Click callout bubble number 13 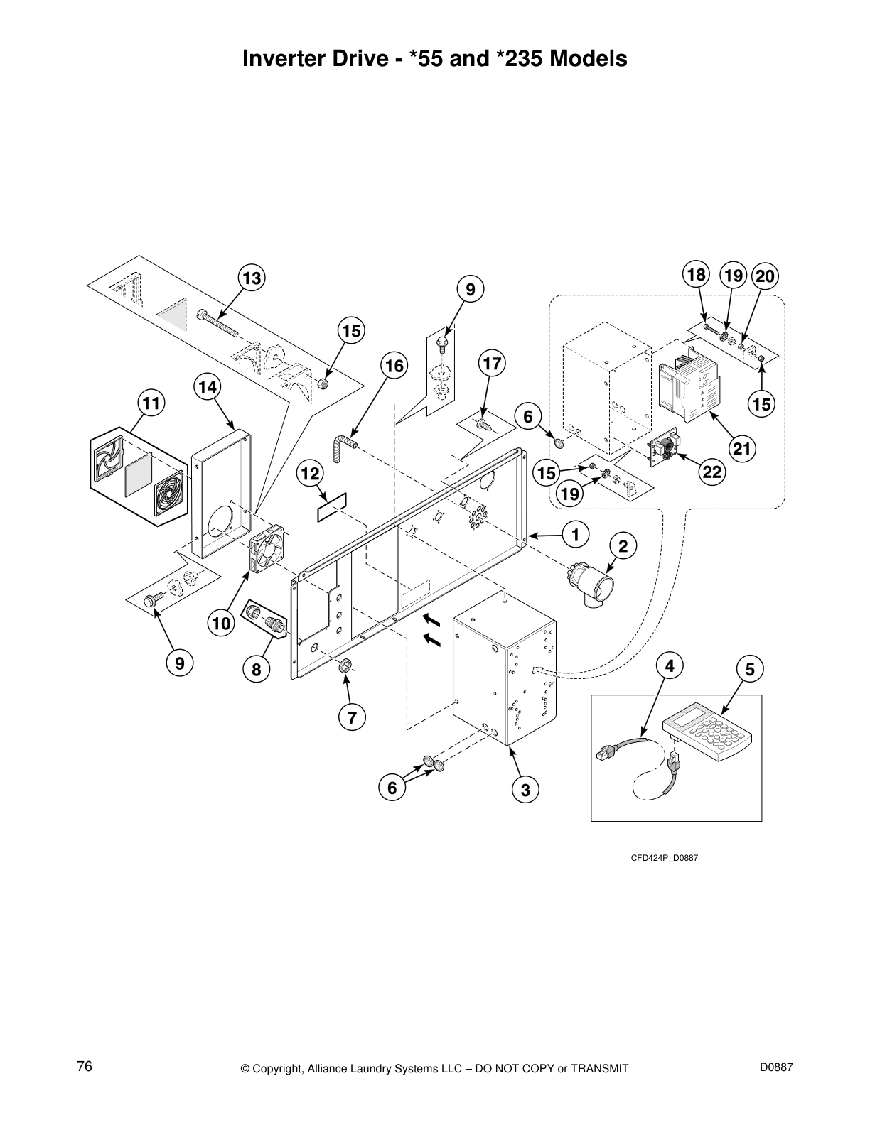252,278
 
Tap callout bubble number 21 742,449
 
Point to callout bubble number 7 352,717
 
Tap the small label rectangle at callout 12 331,505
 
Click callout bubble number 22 713,473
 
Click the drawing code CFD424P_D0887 665,858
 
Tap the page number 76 85,1067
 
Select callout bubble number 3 525,790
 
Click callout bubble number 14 207,387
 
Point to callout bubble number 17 491,364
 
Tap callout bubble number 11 151,404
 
